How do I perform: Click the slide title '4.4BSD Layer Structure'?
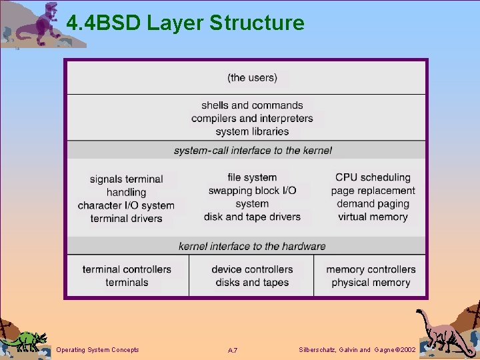tap(185, 23)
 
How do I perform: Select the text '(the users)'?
tap(252, 77)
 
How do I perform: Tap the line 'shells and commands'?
tap(252, 105)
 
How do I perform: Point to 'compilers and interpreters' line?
tap(252, 119)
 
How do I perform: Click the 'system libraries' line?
tap(252, 131)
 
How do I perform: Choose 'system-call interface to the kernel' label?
tap(253, 151)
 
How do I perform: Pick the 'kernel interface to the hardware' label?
tap(252, 246)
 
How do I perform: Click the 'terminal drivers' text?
tap(126, 219)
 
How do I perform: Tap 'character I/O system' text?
tap(126, 205)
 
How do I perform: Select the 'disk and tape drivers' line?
tap(252, 217)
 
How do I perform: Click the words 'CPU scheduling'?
tap(373, 177)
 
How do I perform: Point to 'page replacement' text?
tap(373, 191)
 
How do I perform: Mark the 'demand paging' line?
tap(373, 203)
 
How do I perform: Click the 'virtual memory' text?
tap(373, 217)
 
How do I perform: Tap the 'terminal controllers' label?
tap(127, 269)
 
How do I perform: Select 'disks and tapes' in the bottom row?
tap(252, 283)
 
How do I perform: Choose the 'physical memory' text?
tap(371, 283)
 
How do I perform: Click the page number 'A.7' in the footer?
tap(233, 350)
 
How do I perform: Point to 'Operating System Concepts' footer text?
tap(97, 349)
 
